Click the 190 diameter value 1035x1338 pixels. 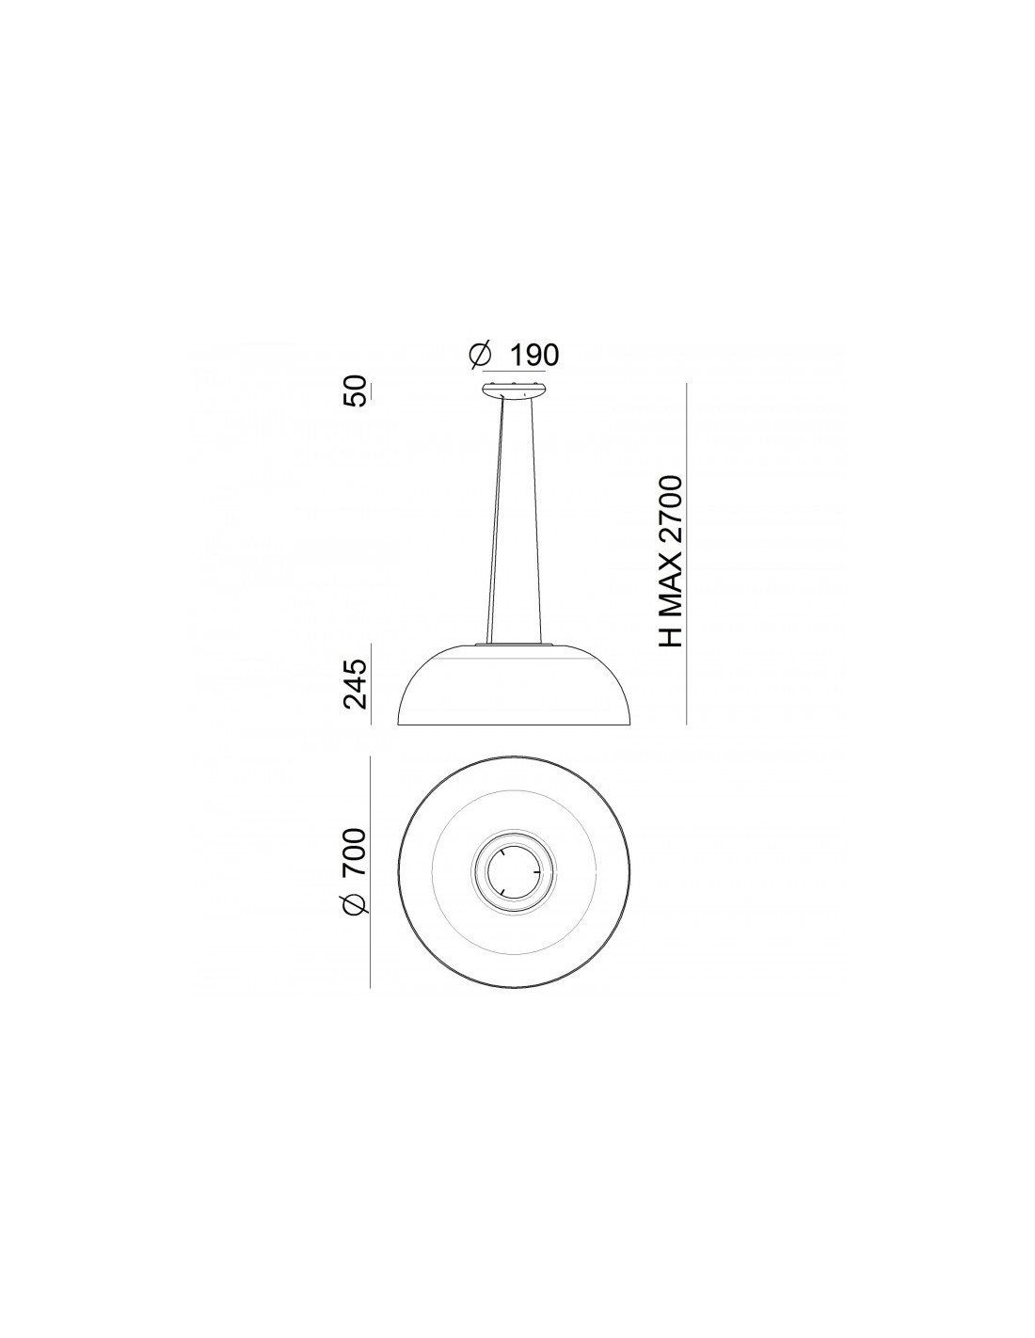pos(534,356)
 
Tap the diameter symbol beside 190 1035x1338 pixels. pos(480,356)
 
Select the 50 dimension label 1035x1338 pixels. pos(355,390)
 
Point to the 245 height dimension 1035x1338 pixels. pos(355,683)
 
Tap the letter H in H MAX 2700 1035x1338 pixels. pos(670,636)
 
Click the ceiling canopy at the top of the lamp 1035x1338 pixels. pos(514,390)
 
